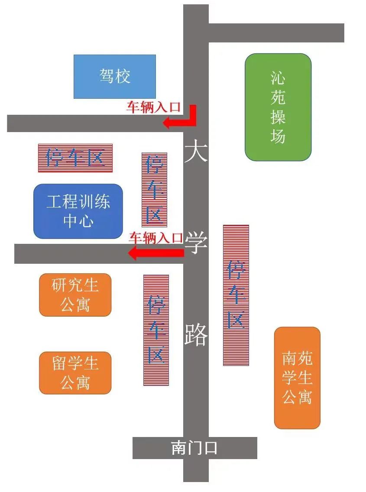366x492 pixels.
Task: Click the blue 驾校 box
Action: tap(115, 77)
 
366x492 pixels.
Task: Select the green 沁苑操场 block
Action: tap(278, 107)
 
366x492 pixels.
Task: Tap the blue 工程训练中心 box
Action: tap(78, 211)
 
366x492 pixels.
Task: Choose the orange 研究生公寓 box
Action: tap(75, 295)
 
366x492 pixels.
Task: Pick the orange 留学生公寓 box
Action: tap(75, 373)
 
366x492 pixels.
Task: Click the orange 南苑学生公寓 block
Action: tap(297, 378)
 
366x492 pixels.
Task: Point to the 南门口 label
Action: tap(194, 448)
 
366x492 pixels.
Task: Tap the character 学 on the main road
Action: tap(196, 243)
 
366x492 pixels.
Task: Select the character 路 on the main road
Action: tap(196, 335)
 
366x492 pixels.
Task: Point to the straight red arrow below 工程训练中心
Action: tap(156, 252)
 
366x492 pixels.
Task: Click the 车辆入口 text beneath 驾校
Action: tap(154, 107)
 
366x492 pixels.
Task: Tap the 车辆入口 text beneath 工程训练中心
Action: tap(156, 238)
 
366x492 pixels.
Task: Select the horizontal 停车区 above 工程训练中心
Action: tap(75, 158)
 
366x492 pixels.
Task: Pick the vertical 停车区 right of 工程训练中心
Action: tap(155, 190)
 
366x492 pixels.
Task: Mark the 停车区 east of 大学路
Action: tap(236, 295)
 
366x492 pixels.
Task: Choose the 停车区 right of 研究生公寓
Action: tap(156, 330)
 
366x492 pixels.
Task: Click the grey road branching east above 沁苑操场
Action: tap(276, 32)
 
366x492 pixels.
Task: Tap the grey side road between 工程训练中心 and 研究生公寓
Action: tap(99, 254)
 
